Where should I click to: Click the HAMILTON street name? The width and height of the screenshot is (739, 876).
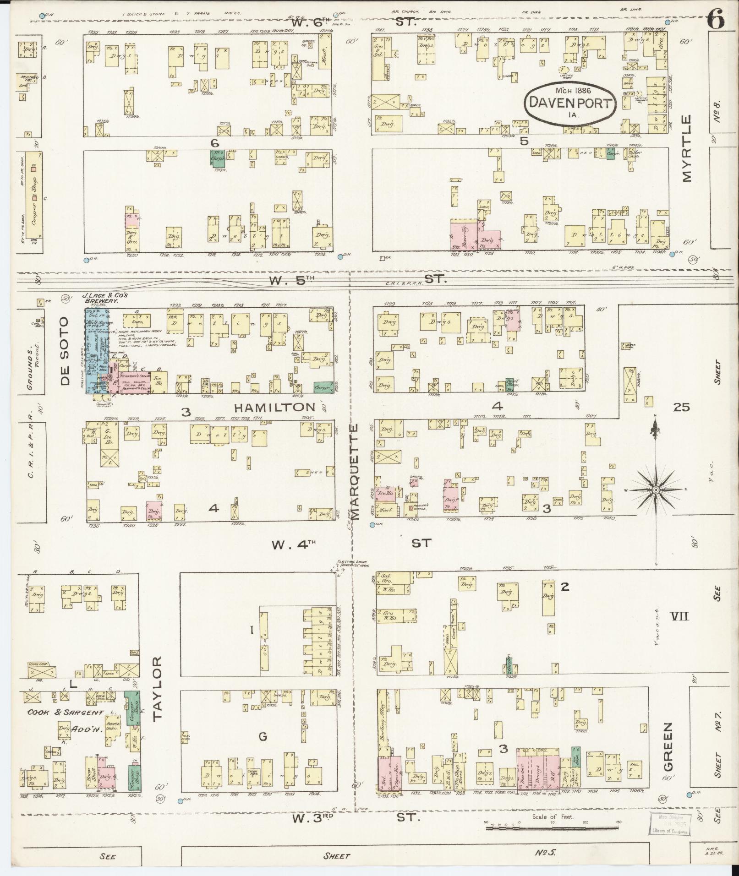pos(275,407)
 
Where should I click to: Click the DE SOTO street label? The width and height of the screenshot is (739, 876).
pos(65,351)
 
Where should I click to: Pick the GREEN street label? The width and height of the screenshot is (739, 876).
pos(668,753)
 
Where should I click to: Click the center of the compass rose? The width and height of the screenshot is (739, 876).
pos(655,490)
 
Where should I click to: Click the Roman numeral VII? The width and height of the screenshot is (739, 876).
pos(680,617)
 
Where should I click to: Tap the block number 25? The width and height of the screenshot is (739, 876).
pos(681,407)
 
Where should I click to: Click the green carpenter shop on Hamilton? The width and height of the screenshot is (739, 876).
pos(323,387)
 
